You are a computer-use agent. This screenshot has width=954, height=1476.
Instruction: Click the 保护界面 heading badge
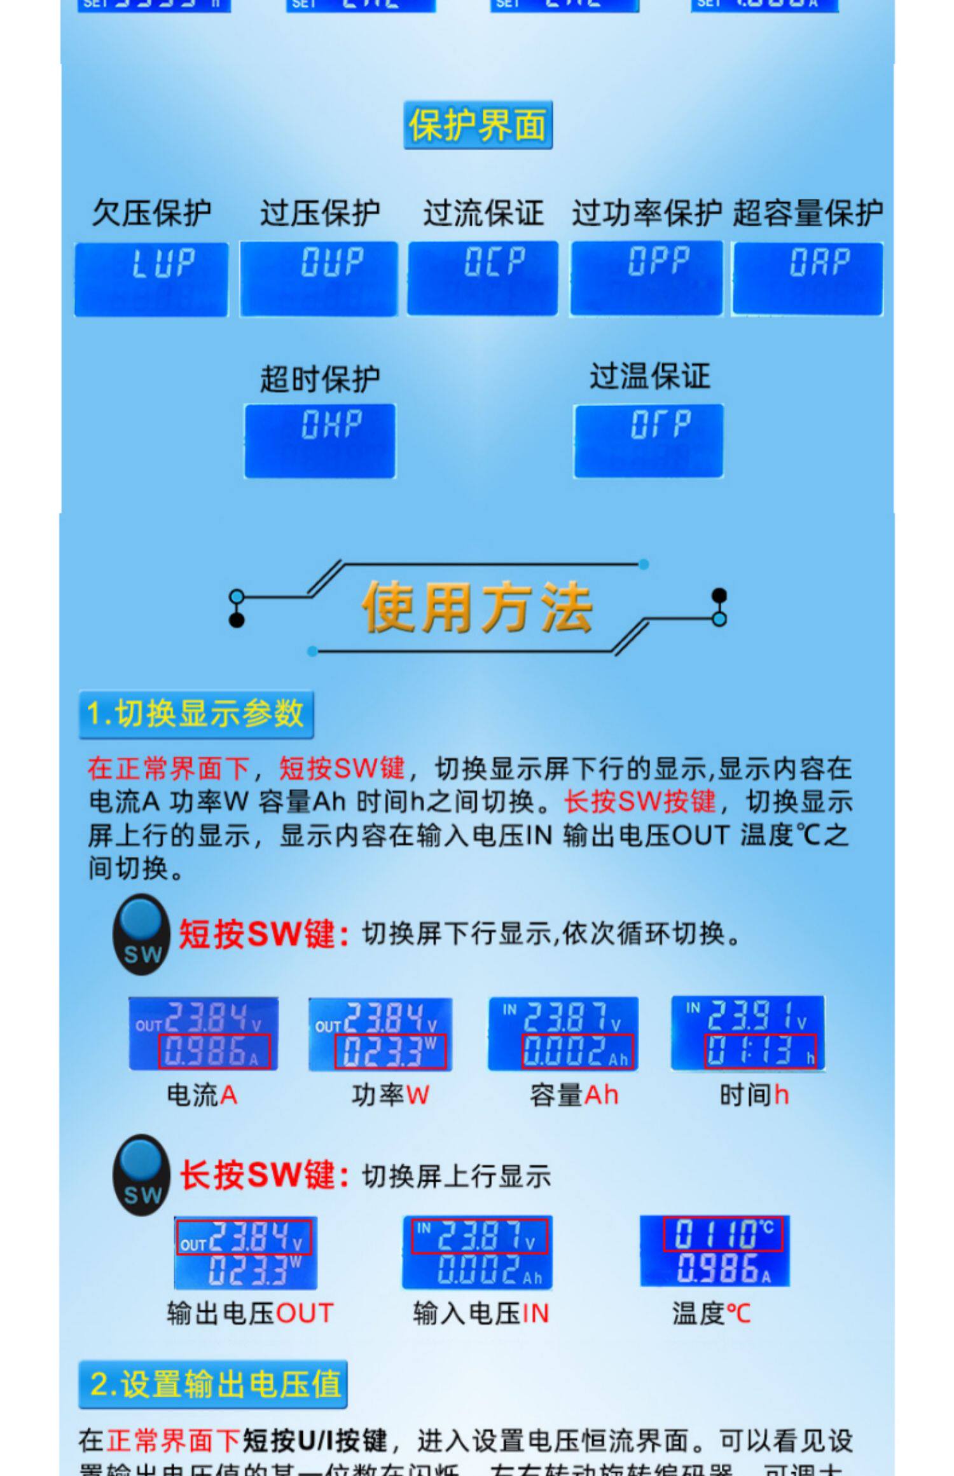coord(478,125)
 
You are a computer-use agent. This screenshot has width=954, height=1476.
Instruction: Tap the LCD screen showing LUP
coord(151,278)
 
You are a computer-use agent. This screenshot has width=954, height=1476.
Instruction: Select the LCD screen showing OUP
coord(319,278)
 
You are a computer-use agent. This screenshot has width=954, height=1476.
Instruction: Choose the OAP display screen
coord(807,278)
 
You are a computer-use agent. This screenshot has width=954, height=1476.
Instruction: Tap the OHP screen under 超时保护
coord(320,440)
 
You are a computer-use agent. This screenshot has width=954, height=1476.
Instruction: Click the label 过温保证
coord(649,376)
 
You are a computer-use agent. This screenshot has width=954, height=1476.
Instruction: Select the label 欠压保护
coord(151,212)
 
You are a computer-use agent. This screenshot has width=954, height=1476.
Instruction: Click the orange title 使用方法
coord(477,607)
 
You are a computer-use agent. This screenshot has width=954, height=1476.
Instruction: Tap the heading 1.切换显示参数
coord(196,714)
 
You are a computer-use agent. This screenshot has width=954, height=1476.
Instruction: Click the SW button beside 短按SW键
coord(141,934)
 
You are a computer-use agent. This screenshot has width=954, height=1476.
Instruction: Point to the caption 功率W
coord(390,1095)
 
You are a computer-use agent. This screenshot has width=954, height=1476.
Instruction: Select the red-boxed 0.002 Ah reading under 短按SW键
coord(577,1051)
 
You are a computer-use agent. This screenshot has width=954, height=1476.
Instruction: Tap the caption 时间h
coord(754,1095)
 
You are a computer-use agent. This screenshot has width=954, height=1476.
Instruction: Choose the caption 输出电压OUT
coord(250,1313)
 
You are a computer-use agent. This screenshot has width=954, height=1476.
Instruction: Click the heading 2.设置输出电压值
coord(213,1384)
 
